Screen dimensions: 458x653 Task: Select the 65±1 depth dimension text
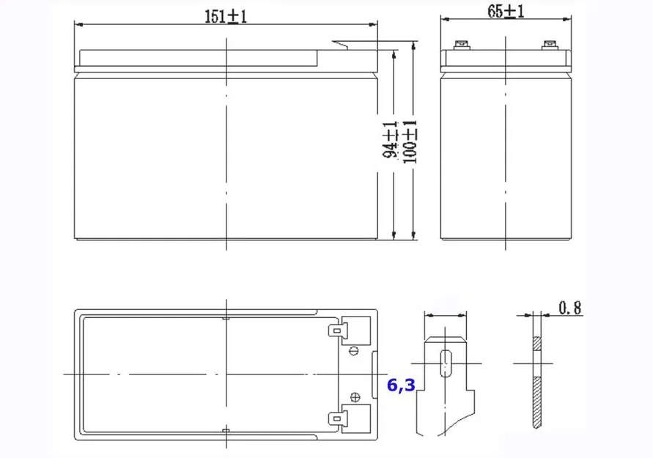[x=506, y=11]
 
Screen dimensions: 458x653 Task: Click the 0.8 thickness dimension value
[x=569, y=309]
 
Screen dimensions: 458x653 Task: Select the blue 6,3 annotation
[x=400, y=384]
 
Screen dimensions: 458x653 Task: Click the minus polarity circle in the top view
[x=355, y=351]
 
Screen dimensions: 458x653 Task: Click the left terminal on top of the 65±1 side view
[x=462, y=45]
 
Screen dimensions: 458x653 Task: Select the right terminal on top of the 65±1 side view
[x=550, y=45]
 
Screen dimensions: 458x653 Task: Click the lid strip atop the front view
[x=198, y=57]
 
